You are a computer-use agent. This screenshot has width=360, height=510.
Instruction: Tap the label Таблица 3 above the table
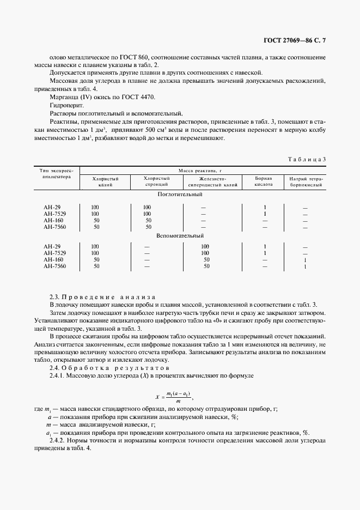click(307, 159)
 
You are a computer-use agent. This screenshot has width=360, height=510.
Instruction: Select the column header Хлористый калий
click(105, 181)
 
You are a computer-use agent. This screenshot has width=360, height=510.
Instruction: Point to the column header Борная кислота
click(264, 181)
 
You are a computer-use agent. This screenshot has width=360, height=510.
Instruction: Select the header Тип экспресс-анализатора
click(57, 173)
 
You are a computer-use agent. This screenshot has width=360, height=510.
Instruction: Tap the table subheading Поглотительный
click(180, 194)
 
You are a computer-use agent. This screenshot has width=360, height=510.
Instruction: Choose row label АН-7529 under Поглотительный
click(54, 214)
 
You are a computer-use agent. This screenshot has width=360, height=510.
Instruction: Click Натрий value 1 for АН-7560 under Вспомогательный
click(305, 266)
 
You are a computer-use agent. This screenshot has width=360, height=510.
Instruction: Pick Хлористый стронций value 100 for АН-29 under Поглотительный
click(147, 207)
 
